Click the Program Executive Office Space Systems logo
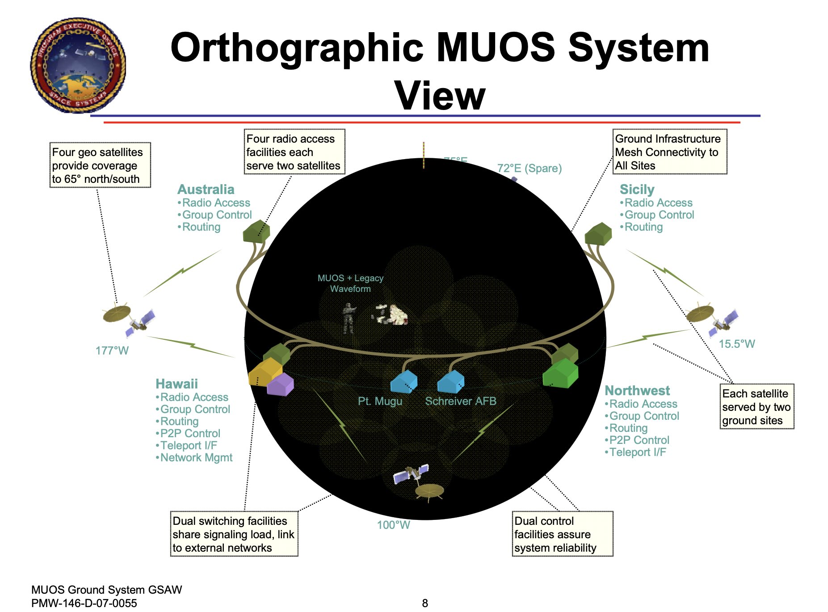(78, 65)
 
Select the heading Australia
(206, 190)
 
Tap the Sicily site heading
(637, 190)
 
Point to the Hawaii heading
(177, 384)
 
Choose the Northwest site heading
(637, 391)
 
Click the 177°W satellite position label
(112, 350)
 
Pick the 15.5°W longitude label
(736, 344)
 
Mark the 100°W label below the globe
(393, 525)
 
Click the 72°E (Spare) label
(529, 169)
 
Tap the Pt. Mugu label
(380, 401)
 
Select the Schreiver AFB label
(461, 401)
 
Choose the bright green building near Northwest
(560, 374)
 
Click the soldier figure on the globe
(348, 318)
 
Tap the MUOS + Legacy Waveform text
(350, 283)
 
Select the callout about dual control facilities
(562, 534)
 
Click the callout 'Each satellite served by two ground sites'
(757, 406)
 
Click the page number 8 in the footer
(425, 603)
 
